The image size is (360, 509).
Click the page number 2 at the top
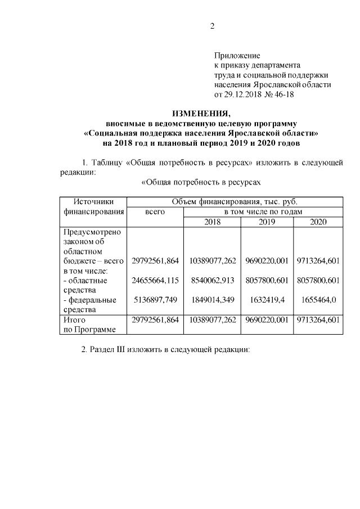(212, 25)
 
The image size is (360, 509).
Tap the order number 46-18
(282, 94)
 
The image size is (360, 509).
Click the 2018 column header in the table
(212, 222)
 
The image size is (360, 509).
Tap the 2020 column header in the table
(318, 222)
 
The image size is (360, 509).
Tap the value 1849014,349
(212, 300)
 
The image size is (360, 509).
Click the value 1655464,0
(318, 300)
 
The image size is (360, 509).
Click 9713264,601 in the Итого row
(318, 319)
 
